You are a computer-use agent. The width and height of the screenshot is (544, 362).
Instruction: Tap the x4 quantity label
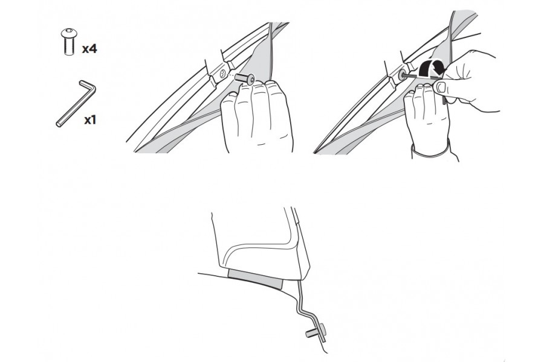pyautogui.click(x=89, y=49)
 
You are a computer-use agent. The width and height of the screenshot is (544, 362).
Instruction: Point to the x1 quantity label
pyautogui.click(x=91, y=119)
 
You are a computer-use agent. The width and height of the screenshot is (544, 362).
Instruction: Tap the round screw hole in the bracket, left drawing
pyautogui.click(x=224, y=74)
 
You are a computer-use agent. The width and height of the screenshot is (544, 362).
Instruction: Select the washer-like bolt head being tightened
pyautogui.click(x=402, y=76)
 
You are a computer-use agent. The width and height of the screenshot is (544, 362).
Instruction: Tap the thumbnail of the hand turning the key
pyautogui.click(x=439, y=88)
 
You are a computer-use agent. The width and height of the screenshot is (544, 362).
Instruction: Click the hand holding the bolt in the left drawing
pyautogui.click(x=257, y=115)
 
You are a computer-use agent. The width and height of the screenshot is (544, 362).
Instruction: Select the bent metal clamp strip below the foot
pyautogui.click(x=306, y=308)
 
